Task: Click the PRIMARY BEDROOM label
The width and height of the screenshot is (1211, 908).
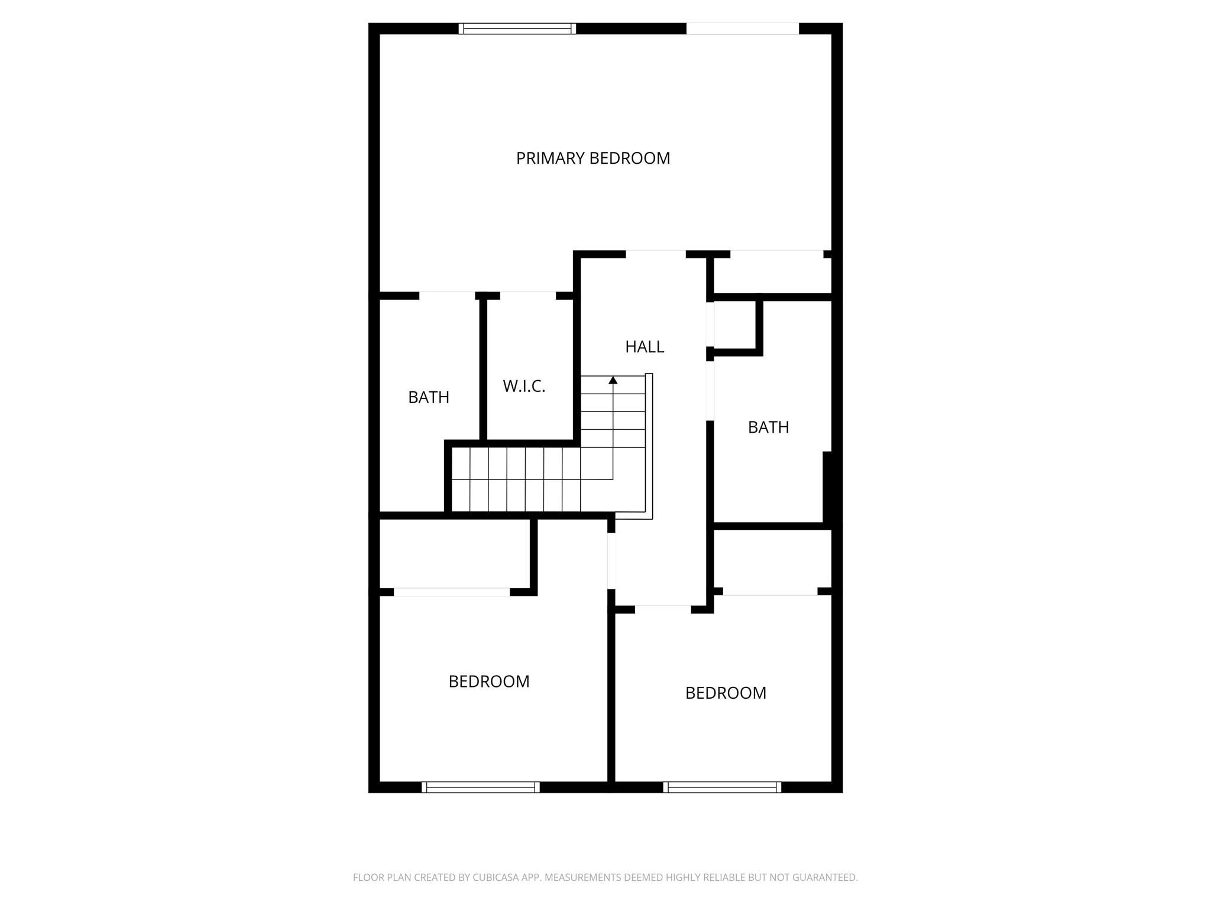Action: [x=593, y=158]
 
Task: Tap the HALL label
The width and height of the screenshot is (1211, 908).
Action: [x=645, y=347]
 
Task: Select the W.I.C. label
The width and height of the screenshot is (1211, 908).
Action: [x=524, y=387]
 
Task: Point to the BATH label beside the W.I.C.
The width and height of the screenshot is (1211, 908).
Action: [x=429, y=397]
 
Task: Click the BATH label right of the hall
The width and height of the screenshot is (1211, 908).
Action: [x=768, y=427]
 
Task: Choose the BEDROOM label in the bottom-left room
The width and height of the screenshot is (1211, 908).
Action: [x=489, y=682]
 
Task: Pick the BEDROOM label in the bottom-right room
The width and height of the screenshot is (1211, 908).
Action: [x=726, y=693]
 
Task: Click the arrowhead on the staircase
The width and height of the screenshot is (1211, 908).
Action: [x=613, y=380]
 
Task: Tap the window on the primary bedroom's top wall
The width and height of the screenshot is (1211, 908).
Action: [x=517, y=28]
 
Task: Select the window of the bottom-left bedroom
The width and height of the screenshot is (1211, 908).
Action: [x=481, y=787]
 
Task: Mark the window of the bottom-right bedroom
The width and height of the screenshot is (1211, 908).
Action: [x=722, y=787]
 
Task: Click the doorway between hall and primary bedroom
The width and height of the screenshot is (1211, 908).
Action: [x=656, y=254]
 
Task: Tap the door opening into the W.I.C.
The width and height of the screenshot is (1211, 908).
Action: [x=528, y=296]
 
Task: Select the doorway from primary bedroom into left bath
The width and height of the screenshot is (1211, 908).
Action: [x=447, y=296]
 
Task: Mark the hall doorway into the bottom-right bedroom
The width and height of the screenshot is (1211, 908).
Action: [x=663, y=609]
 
